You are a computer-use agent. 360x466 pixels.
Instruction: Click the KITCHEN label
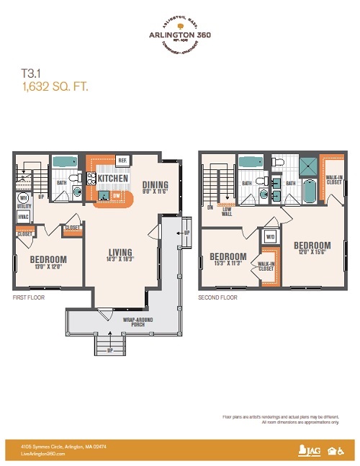[x=113, y=179]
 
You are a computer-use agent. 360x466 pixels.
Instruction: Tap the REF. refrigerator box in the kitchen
[x=122, y=161]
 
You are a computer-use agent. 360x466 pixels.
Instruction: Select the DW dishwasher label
[x=116, y=195]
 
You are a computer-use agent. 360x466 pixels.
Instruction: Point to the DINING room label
[x=155, y=183]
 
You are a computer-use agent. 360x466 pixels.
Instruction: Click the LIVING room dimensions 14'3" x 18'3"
[x=120, y=260]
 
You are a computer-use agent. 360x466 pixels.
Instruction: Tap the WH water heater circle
[x=23, y=197]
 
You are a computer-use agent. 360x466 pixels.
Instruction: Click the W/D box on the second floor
[x=271, y=236]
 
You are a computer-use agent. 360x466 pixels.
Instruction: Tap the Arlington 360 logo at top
[x=179, y=33]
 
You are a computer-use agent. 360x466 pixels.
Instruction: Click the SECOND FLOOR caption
[x=217, y=297]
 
